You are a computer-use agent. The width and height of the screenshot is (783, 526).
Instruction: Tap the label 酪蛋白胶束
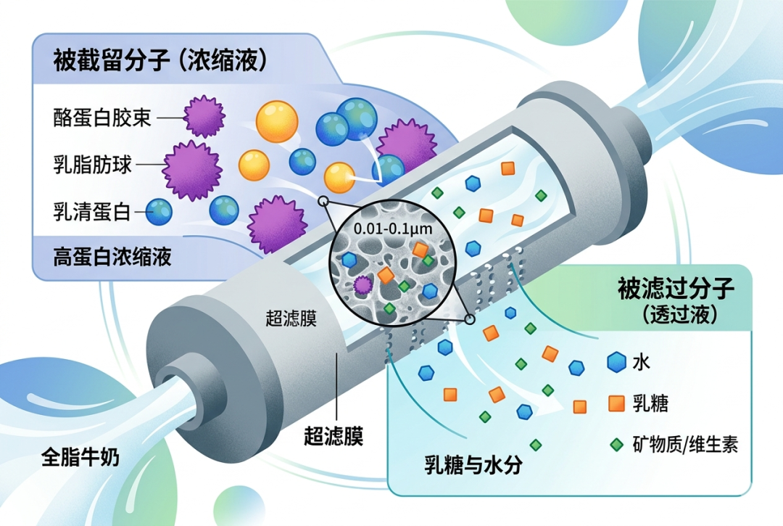click(102, 117)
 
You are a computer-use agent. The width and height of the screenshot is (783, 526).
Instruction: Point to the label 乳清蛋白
click(91, 212)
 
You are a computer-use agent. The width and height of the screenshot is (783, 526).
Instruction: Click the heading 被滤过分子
click(676, 289)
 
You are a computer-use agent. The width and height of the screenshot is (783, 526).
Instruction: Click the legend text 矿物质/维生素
click(685, 444)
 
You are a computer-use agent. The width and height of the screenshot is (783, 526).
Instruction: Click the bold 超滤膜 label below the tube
click(333, 436)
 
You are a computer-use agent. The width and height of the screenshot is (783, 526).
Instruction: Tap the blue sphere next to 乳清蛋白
click(159, 212)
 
